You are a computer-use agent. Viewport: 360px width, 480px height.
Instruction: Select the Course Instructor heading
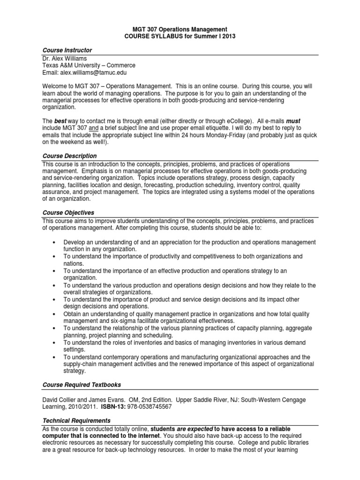[x=67, y=50]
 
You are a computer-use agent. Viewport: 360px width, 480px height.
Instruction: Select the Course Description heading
[x=69, y=156]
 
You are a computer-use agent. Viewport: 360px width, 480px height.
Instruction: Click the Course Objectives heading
[x=68, y=212]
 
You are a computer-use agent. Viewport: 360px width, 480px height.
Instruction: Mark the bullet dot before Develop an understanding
[x=55, y=242]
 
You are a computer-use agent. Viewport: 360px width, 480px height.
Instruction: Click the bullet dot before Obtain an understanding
[x=55, y=314]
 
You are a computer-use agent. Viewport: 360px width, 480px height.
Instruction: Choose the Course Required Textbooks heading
[x=82, y=384]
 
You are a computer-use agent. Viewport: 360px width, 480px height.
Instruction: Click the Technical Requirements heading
[x=76, y=421]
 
